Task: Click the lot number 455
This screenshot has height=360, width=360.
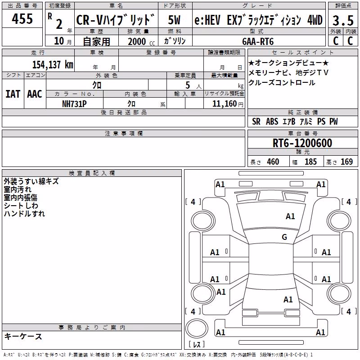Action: point(22,18)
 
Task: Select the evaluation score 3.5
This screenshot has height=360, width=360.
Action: point(343,20)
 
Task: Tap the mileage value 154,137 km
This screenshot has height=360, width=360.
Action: point(53,64)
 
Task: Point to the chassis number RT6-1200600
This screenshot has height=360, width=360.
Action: point(302,143)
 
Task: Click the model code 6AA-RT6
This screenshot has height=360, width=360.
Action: point(258,41)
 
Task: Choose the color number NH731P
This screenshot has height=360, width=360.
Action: point(74,104)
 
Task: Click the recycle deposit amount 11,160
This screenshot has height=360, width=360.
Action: point(225,104)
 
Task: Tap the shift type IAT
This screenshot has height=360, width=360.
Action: point(13,94)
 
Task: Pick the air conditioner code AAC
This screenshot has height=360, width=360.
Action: point(35,94)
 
